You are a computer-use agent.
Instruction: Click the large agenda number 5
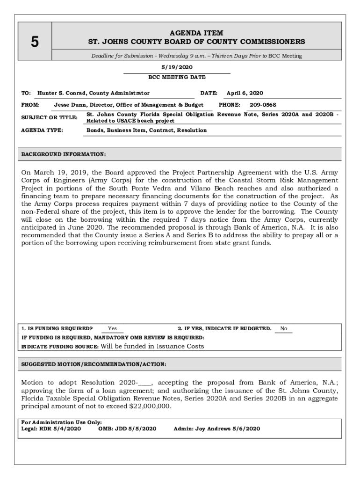tap(35, 42)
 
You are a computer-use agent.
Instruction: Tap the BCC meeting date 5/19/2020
tap(177, 67)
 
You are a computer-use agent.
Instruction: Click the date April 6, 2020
tap(245, 93)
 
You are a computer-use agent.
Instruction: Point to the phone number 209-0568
tap(262, 105)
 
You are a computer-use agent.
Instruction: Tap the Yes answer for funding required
tap(112, 329)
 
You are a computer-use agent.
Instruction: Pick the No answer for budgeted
tap(283, 329)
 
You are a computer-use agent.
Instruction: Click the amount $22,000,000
tap(150, 406)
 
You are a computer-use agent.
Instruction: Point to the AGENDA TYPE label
tap(42, 130)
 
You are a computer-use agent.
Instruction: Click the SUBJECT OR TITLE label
tap(49, 117)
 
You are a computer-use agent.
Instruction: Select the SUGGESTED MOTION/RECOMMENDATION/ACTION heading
tap(94, 364)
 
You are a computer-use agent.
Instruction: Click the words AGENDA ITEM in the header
tap(196, 33)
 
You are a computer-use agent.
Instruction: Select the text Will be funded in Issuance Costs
tap(152, 346)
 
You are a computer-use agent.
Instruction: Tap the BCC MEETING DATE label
tap(177, 77)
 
